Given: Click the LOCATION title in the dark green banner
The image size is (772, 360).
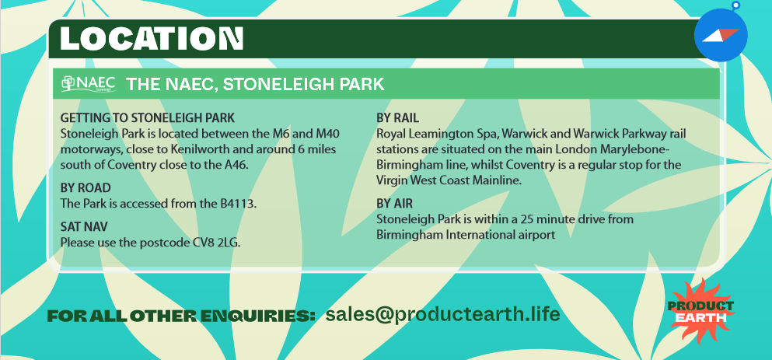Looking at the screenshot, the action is (152, 38).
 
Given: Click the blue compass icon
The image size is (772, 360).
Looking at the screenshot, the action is (721, 34).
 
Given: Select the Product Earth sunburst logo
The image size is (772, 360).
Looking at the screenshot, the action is (700, 311).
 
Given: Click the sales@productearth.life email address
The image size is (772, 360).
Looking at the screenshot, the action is (442, 313).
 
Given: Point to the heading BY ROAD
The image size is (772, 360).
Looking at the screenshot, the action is (86, 188).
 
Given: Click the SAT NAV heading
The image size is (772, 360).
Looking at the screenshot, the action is (84, 227).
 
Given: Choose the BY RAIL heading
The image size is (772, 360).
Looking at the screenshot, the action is (397, 118).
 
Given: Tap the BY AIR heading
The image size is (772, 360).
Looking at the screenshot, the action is (394, 204).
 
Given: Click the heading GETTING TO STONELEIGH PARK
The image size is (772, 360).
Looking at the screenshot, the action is (147, 118).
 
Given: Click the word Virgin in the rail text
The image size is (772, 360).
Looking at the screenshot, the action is (390, 180).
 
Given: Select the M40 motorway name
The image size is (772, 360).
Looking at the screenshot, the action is (327, 134).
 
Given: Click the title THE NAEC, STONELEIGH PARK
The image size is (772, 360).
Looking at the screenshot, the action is (255, 84).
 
